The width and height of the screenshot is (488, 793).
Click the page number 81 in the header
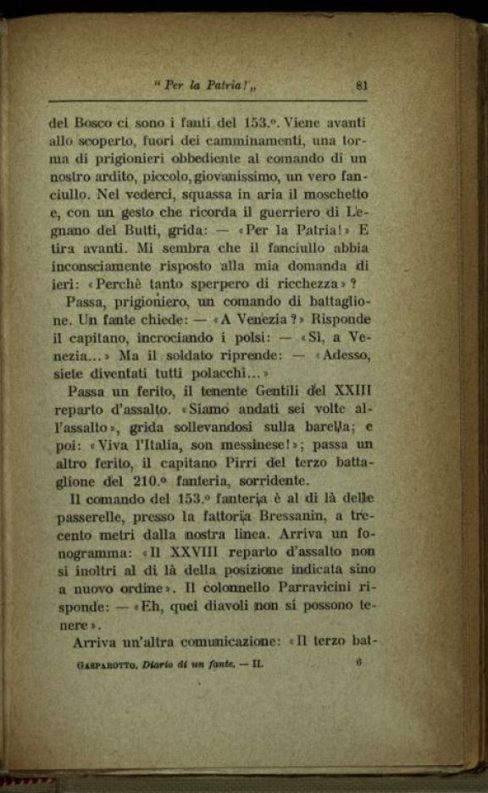[x=362, y=84]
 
